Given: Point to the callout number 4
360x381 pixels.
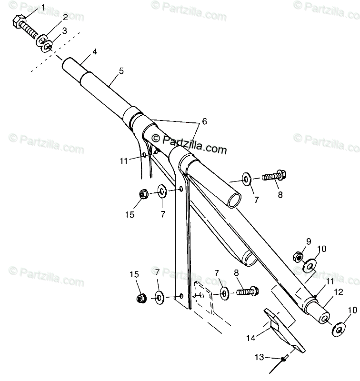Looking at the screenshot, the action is point(95,51).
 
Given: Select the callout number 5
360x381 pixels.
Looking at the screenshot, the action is point(121,71).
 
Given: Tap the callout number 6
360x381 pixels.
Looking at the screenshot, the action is point(204,121).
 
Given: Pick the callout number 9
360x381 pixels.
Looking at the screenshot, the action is point(308,241).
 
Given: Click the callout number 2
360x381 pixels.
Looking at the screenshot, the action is point(65,18).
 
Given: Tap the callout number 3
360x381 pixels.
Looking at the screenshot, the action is point(65,30).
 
